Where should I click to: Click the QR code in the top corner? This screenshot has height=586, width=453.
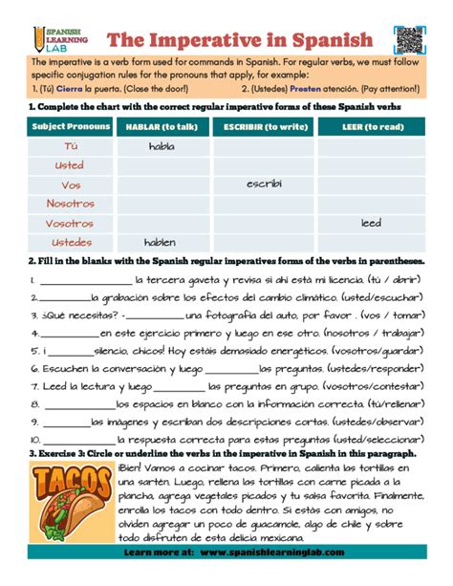coord(409,39)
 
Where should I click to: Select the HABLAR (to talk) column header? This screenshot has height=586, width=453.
coord(162,126)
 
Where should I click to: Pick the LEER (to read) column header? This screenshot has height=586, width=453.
coord(370,126)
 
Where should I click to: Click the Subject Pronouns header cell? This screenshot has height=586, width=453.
coord(72,126)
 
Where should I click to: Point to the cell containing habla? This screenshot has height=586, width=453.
coord(162,146)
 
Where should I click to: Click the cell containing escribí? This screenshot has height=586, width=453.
coord(263,184)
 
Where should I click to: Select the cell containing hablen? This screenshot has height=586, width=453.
coord(160,242)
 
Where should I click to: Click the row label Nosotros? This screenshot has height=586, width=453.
coord(71,203)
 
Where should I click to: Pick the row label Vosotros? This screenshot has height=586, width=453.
coord(71,222)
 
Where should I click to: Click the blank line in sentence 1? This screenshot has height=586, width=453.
coord(84,282)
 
